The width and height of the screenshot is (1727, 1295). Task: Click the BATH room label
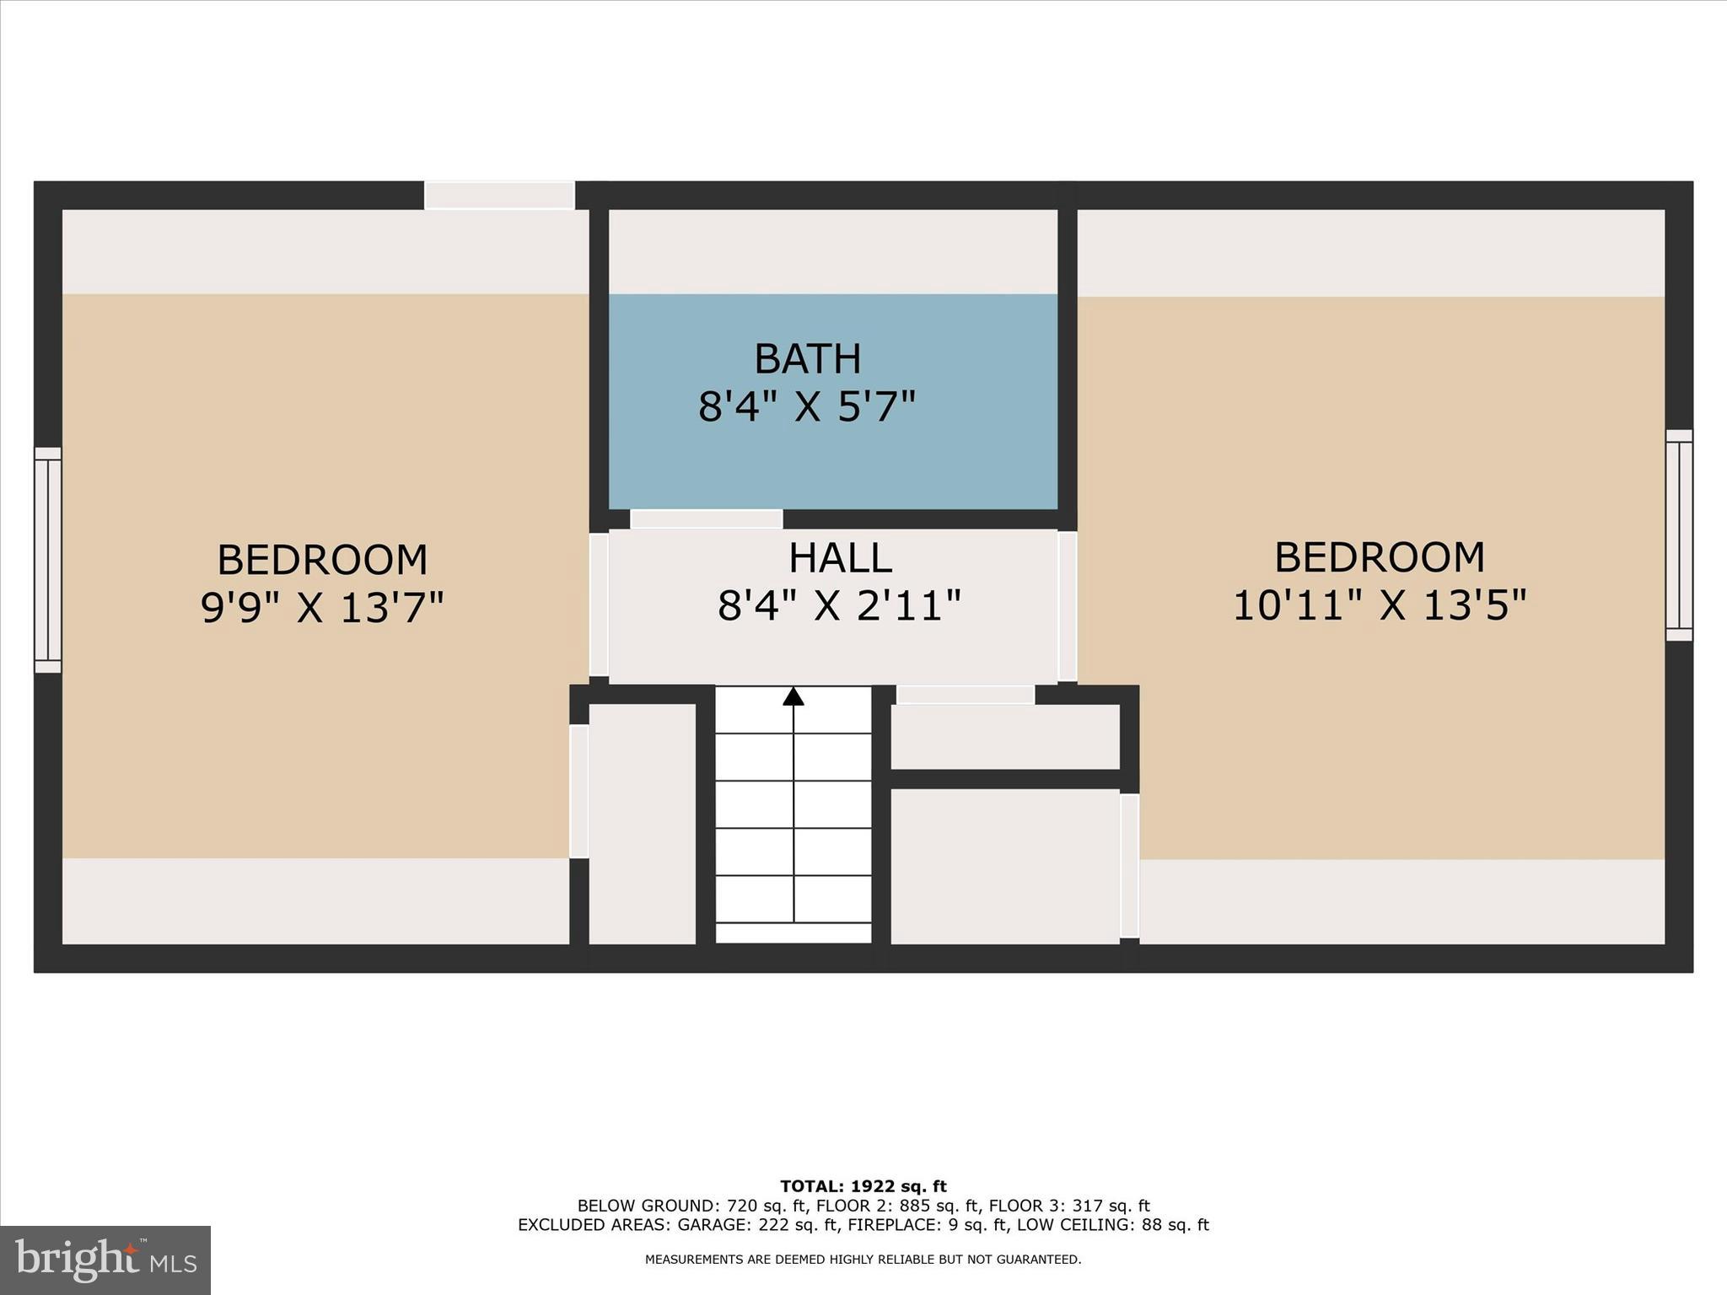(807, 359)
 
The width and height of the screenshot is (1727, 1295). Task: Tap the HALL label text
(840, 558)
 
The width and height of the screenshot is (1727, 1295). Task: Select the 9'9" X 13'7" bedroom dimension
(322, 607)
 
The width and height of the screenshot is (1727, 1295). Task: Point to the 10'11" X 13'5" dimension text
(1380, 605)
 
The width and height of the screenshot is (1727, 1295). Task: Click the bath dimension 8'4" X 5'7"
(807, 407)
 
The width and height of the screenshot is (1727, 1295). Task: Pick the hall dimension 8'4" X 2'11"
(839, 605)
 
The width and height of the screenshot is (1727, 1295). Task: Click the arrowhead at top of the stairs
(793, 696)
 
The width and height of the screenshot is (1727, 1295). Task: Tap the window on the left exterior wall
(48, 560)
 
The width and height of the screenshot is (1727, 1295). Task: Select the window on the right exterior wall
(1679, 535)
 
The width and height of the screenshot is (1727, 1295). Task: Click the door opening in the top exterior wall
(499, 195)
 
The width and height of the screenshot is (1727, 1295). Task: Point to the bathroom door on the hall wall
(707, 519)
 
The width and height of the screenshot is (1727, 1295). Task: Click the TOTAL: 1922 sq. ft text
(863, 1187)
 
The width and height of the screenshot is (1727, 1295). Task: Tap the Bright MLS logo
(105, 1260)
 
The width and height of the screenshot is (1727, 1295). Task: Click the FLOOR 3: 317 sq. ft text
(1069, 1206)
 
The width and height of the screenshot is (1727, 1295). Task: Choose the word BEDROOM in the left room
(322, 560)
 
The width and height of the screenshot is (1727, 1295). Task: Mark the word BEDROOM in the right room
(1380, 557)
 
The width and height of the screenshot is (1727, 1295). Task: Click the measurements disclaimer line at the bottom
(863, 1260)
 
